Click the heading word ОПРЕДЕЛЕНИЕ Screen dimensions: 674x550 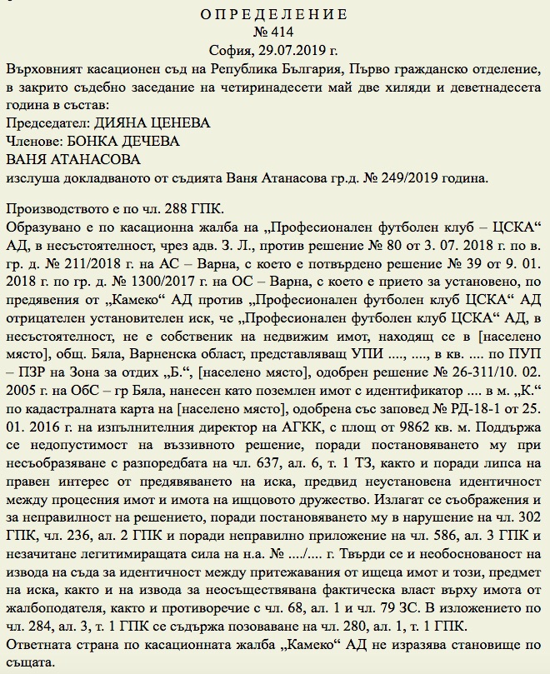pyautogui.click(x=275, y=14)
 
